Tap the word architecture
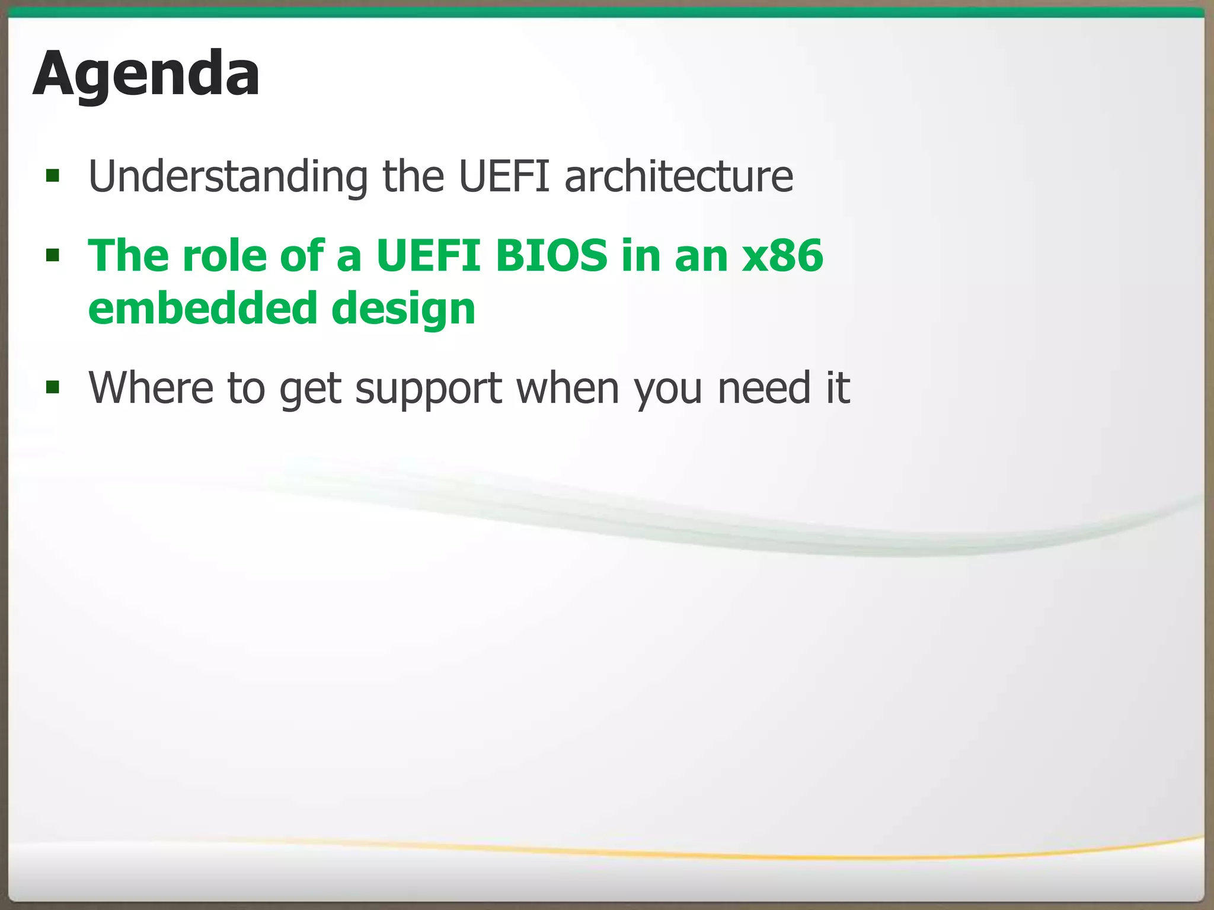[679, 177]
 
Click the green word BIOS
[551, 256]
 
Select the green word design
[403, 309]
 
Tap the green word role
[224, 256]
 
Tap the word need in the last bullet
[763, 387]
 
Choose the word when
[568, 387]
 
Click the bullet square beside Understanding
[53, 175]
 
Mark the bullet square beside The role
[53, 255]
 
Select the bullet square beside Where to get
[53, 387]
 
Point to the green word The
[128, 256]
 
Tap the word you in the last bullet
[668, 389]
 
